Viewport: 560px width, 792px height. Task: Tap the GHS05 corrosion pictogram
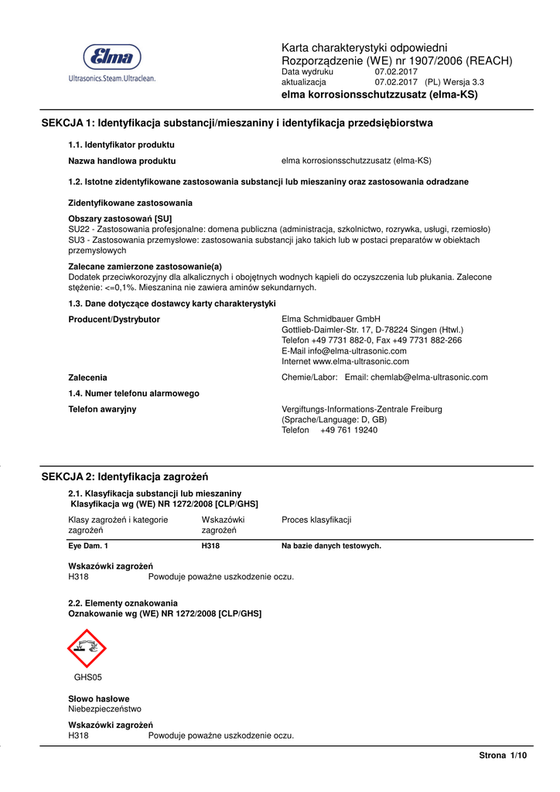[x=87, y=648]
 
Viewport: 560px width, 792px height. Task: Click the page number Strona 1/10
[x=503, y=755]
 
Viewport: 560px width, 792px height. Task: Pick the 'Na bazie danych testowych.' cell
[x=331, y=546]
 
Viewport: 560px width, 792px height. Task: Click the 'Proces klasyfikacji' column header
[x=316, y=520]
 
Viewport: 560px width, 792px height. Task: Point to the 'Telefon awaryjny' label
[x=103, y=409]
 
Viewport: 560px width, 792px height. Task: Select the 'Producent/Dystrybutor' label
[x=114, y=319]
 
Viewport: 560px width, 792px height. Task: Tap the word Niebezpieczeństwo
[x=105, y=708]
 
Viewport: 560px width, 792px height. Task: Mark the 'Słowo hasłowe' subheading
[x=99, y=698]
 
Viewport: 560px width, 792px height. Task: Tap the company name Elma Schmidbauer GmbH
[x=331, y=319]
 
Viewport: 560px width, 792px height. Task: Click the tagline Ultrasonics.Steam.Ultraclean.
[x=112, y=78]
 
